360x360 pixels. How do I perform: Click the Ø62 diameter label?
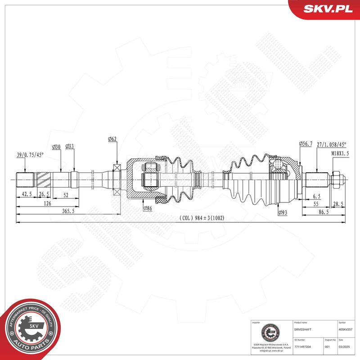pyautogui.click(x=112, y=139)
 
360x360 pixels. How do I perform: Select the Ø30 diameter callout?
pyautogui.click(x=56, y=147)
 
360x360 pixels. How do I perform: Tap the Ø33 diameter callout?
pyautogui.click(x=70, y=147)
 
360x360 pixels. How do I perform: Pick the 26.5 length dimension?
pyautogui.click(x=44, y=194)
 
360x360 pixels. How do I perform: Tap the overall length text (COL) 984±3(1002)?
pyautogui.click(x=202, y=218)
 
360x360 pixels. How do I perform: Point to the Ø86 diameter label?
pyautogui.click(x=147, y=208)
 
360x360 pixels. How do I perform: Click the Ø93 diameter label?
pyautogui.click(x=283, y=212)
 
